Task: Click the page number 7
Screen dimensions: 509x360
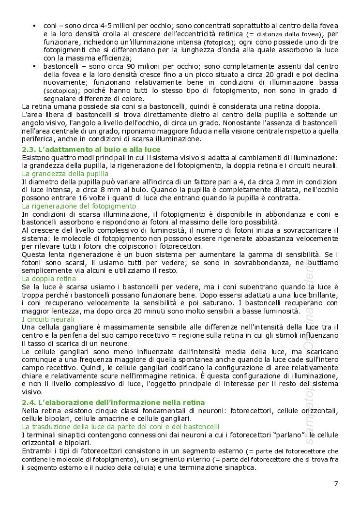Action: [336, 483]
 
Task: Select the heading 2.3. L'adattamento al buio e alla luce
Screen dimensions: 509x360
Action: [91, 150]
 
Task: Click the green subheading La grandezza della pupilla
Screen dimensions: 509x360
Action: [65, 173]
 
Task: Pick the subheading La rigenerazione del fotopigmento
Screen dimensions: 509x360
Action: [79, 206]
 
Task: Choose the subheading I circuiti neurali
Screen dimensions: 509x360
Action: [48, 319]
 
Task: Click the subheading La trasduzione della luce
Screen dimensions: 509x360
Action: [120, 426]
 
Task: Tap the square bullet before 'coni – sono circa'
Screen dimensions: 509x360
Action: [34, 25]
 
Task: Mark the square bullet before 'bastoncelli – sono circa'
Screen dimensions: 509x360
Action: [34, 66]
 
